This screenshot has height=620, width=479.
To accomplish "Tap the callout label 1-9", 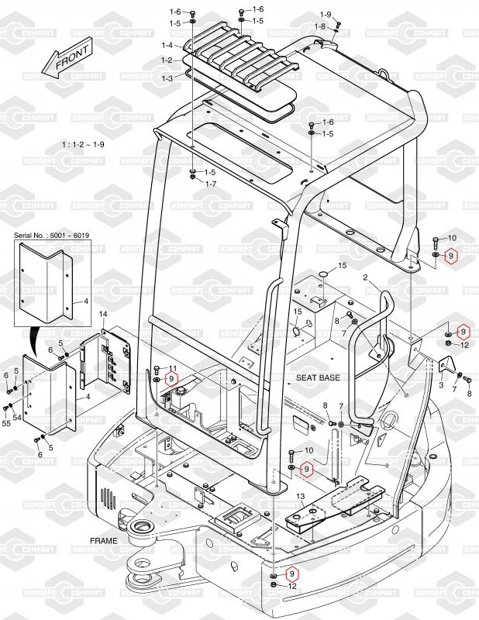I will (x=326, y=15).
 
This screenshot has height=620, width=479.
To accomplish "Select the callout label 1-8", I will (x=319, y=26).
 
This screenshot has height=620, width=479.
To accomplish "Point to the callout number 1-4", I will (x=167, y=46).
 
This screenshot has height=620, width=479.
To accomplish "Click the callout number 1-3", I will (x=167, y=78).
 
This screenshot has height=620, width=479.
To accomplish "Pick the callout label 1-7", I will (x=209, y=184).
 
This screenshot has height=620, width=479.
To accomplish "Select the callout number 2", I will (x=364, y=277).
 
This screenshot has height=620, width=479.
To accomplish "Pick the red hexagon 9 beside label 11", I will (x=172, y=378).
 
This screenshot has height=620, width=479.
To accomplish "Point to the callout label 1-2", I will (x=167, y=60).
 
